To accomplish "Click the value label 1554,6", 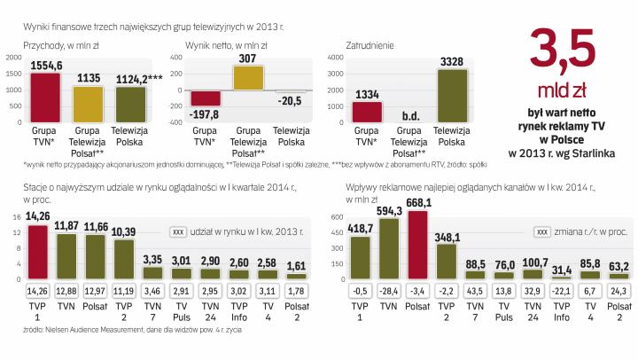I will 45,66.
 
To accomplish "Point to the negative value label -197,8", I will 206,113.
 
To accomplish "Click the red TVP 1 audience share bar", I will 37,252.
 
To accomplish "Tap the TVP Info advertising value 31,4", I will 559,270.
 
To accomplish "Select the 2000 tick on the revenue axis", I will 14,58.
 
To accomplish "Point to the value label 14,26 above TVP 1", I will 37,215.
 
